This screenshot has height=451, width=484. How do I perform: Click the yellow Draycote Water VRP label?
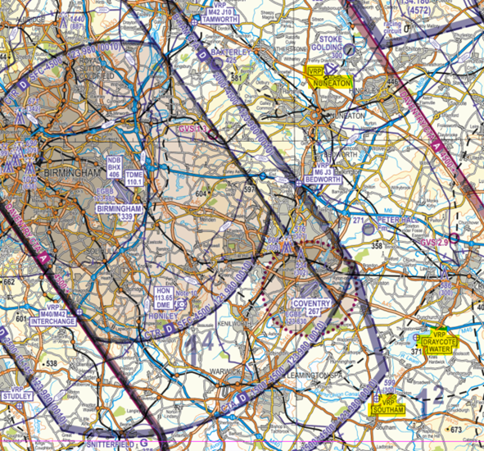pos(440,342)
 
